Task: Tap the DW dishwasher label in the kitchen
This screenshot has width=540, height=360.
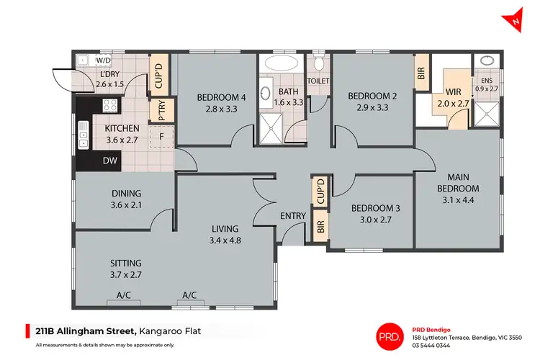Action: click(x=110, y=161)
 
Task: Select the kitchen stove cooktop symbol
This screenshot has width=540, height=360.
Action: click(x=110, y=106)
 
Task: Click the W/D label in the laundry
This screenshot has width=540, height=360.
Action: click(x=103, y=60)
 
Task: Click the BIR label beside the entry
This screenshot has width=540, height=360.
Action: click(x=319, y=228)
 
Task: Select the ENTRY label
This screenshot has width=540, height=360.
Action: click(x=293, y=215)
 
